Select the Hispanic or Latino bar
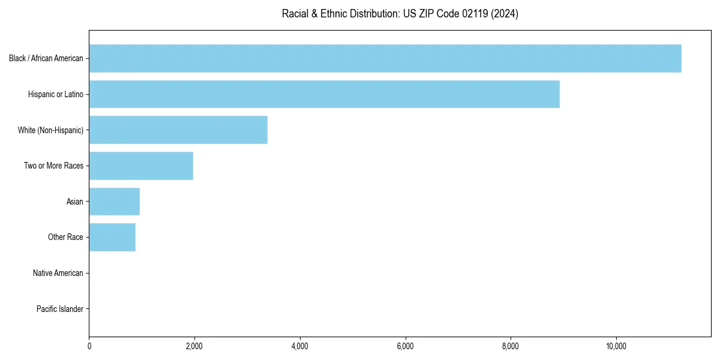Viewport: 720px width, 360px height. (x=324, y=94)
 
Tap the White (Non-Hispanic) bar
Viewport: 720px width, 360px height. (x=178, y=130)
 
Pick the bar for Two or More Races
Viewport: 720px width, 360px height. (x=141, y=166)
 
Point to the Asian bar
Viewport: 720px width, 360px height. (x=114, y=202)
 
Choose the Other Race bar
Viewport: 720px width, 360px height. (x=112, y=237)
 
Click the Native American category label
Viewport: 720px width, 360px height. (x=58, y=273)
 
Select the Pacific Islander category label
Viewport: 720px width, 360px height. (x=59, y=309)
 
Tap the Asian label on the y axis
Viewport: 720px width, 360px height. (x=75, y=202)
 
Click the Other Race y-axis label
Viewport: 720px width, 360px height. (x=65, y=238)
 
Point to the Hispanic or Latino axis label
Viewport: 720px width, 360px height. (x=56, y=94)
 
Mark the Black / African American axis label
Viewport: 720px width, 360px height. (x=46, y=58)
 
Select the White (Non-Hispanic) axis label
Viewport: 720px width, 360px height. (x=50, y=130)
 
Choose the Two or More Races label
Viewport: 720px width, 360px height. (x=53, y=166)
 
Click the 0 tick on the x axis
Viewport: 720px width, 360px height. (x=89, y=346)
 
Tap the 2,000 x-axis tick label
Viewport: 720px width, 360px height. (x=194, y=346)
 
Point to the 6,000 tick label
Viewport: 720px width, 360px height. (x=405, y=346)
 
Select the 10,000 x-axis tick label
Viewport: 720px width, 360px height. (x=616, y=346)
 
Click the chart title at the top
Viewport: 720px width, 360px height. (x=400, y=14)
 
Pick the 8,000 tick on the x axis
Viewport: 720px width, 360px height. (x=511, y=346)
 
